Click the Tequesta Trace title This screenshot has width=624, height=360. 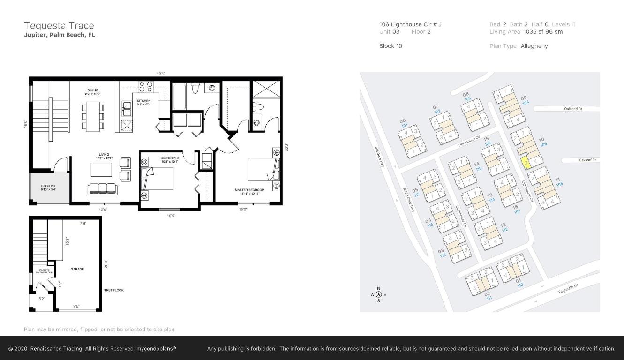click(59, 26)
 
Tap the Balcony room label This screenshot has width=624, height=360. click(48, 187)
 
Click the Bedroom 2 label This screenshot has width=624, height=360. click(169, 158)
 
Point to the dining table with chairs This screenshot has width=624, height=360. click(93, 116)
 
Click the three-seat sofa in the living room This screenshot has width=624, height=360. click(102, 188)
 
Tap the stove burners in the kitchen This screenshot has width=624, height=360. click(145, 86)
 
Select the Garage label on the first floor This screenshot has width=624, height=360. click(77, 269)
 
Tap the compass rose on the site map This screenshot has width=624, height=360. click(379, 294)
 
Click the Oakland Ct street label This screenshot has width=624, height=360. click(573, 109)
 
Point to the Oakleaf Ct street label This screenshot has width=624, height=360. click(587, 160)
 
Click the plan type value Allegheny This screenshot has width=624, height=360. click(534, 46)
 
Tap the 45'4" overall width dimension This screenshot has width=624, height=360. click(160, 73)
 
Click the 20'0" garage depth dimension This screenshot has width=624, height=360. click(106, 264)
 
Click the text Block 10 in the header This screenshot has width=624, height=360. click(391, 46)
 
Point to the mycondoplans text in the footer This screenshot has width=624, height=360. click(156, 349)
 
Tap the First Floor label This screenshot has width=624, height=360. click(113, 290)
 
